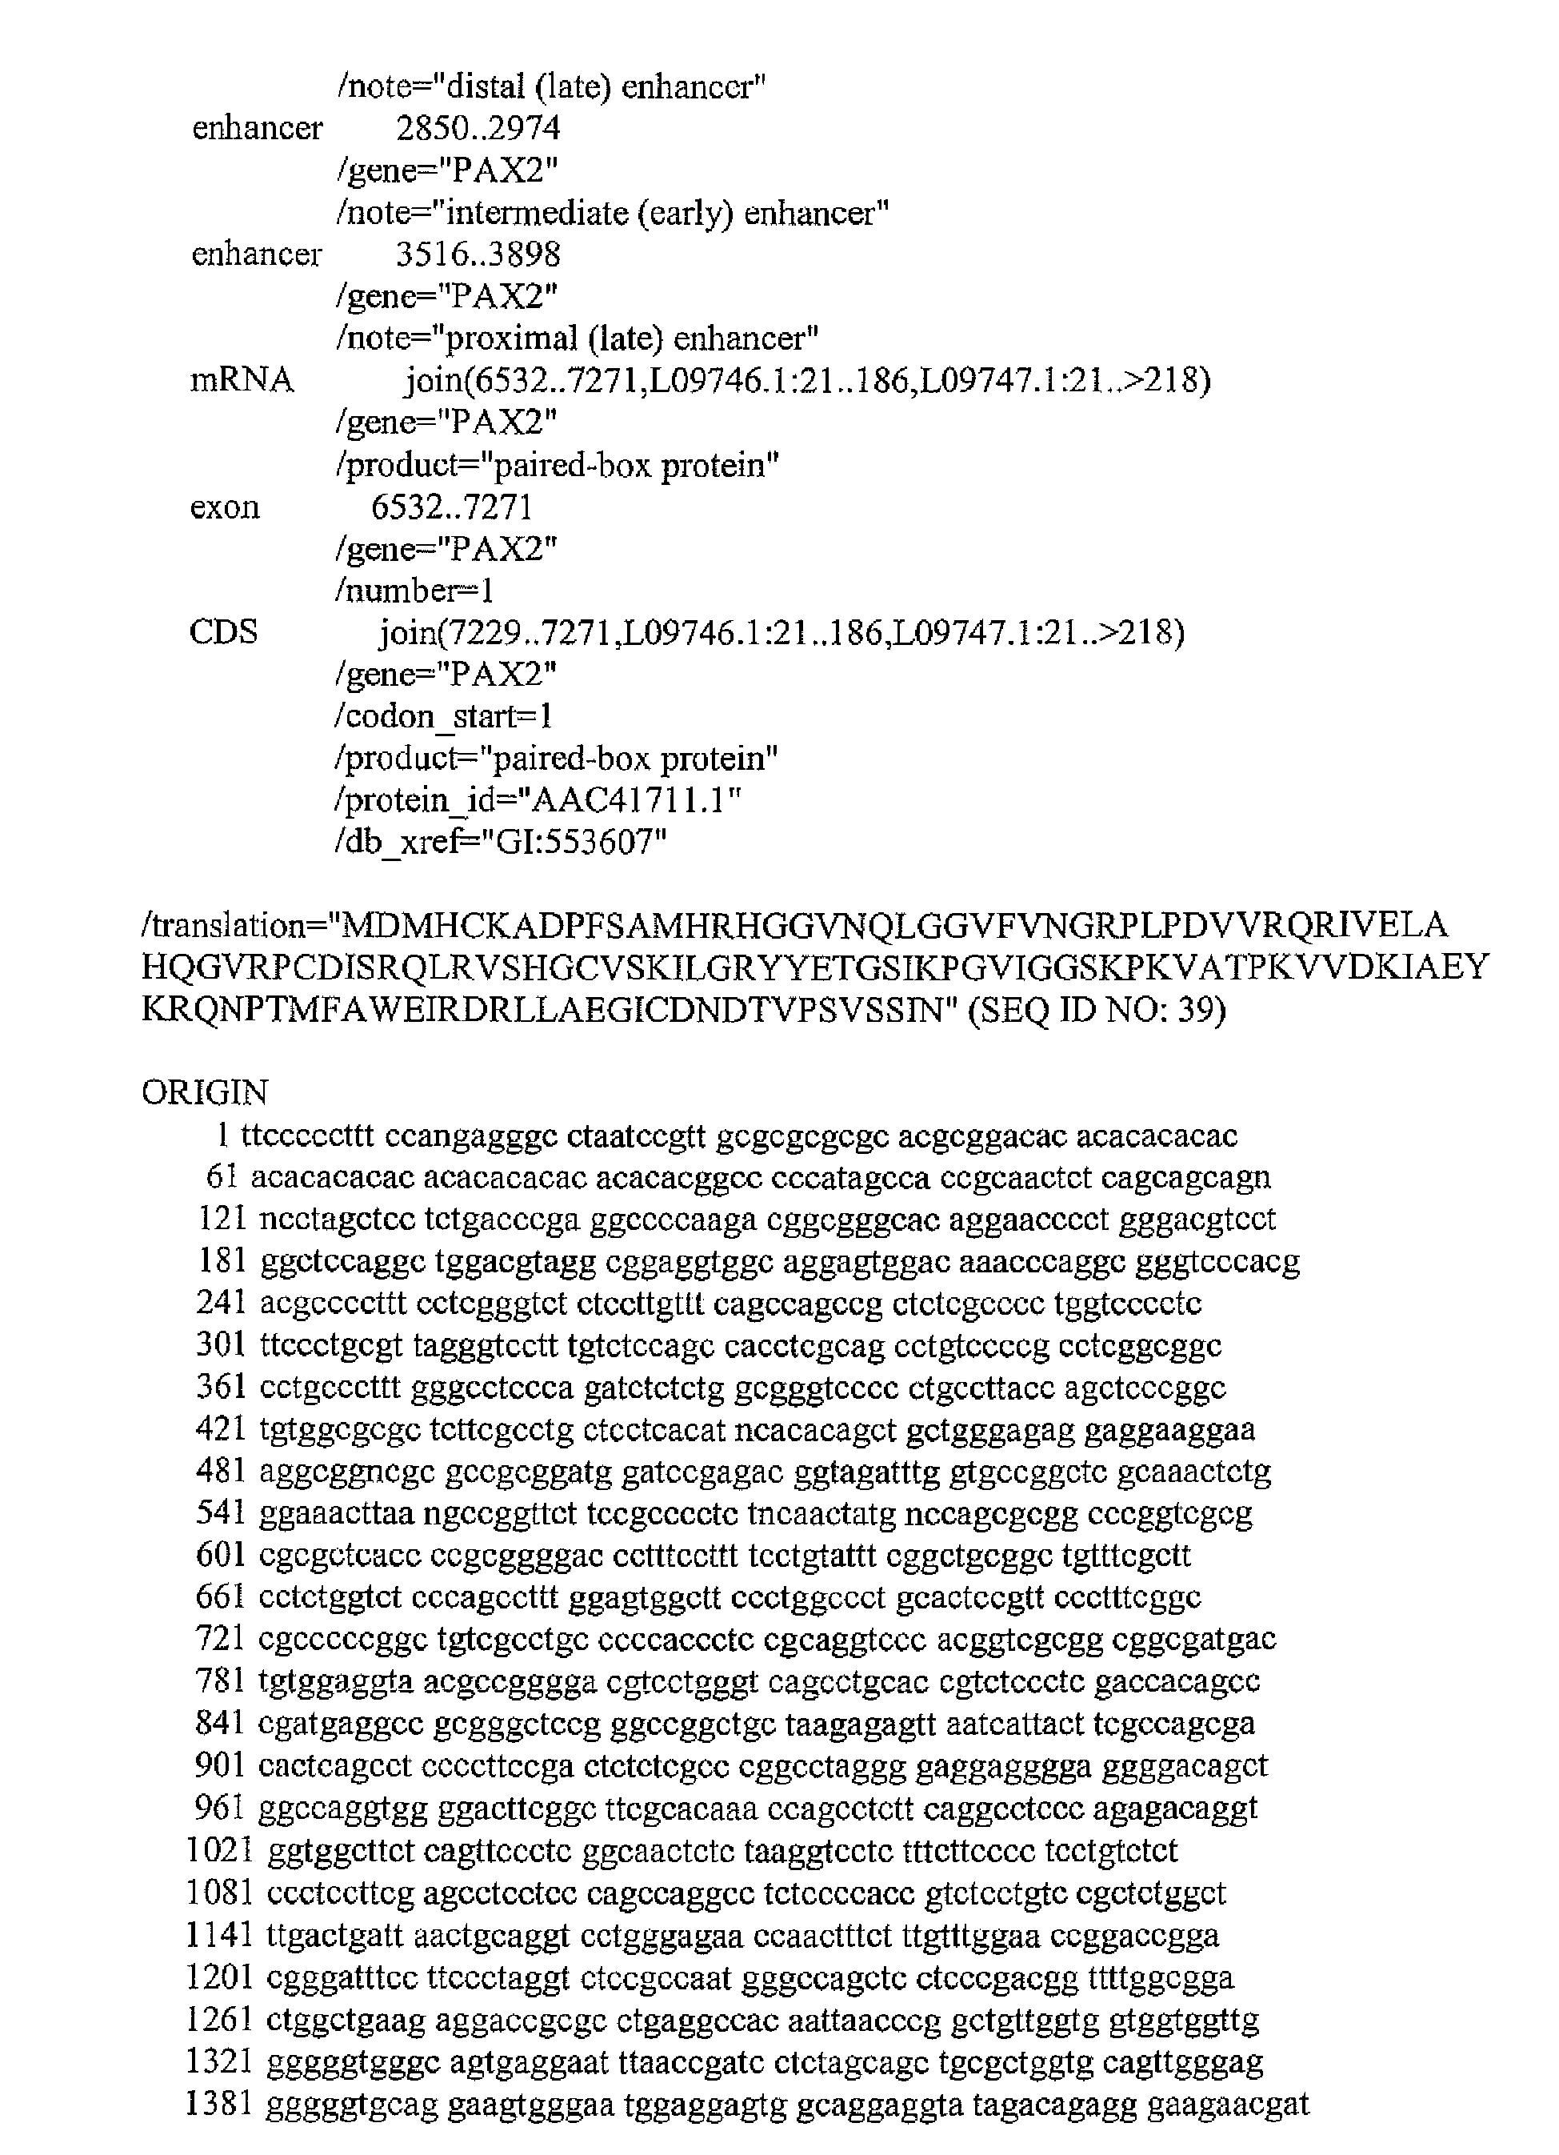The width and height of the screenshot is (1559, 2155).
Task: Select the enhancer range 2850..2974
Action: coord(478,128)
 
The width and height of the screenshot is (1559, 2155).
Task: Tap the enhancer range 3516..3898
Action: coord(478,254)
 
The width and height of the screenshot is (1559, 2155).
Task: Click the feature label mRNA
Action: coord(242,381)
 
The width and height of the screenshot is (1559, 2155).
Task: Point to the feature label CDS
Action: coord(223,633)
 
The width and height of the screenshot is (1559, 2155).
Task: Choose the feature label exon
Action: coord(224,507)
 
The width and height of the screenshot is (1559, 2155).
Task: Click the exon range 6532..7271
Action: coord(451,507)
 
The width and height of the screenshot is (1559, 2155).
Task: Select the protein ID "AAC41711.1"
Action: coord(627,801)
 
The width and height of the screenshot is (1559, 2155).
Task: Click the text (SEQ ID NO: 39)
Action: coord(1097,1009)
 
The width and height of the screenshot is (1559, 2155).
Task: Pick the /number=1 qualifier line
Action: coord(414,591)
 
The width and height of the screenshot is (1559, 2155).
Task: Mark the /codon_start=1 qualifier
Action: coord(444,716)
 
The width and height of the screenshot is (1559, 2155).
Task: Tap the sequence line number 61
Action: coord(222,1177)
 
